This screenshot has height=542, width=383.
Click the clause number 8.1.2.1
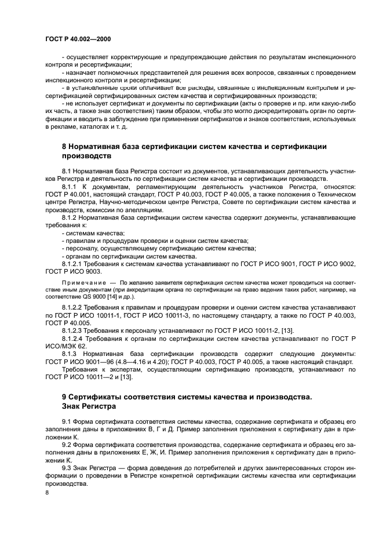coord(75,263)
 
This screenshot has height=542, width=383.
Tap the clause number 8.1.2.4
coord(75,339)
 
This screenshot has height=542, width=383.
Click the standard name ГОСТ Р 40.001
coord(68,195)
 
